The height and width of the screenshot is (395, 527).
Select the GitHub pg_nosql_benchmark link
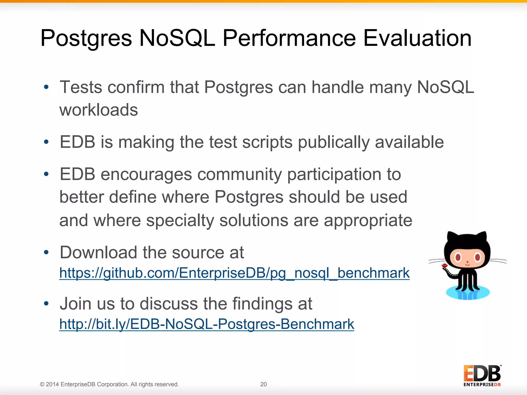click(234, 273)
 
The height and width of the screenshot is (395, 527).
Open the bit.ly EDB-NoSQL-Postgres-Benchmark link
click(207, 324)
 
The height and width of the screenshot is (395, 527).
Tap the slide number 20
click(263, 384)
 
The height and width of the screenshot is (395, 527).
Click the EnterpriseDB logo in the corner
click(482, 375)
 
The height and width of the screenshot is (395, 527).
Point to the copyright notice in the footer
click(109, 384)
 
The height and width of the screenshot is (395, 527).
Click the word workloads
click(99, 110)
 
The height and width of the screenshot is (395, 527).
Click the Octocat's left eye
click(458, 257)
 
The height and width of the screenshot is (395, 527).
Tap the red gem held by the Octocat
click(444, 266)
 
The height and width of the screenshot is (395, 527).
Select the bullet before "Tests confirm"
click(46, 87)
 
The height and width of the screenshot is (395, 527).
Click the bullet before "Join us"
click(46, 304)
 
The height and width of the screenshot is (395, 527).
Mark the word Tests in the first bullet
click(81, 87)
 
